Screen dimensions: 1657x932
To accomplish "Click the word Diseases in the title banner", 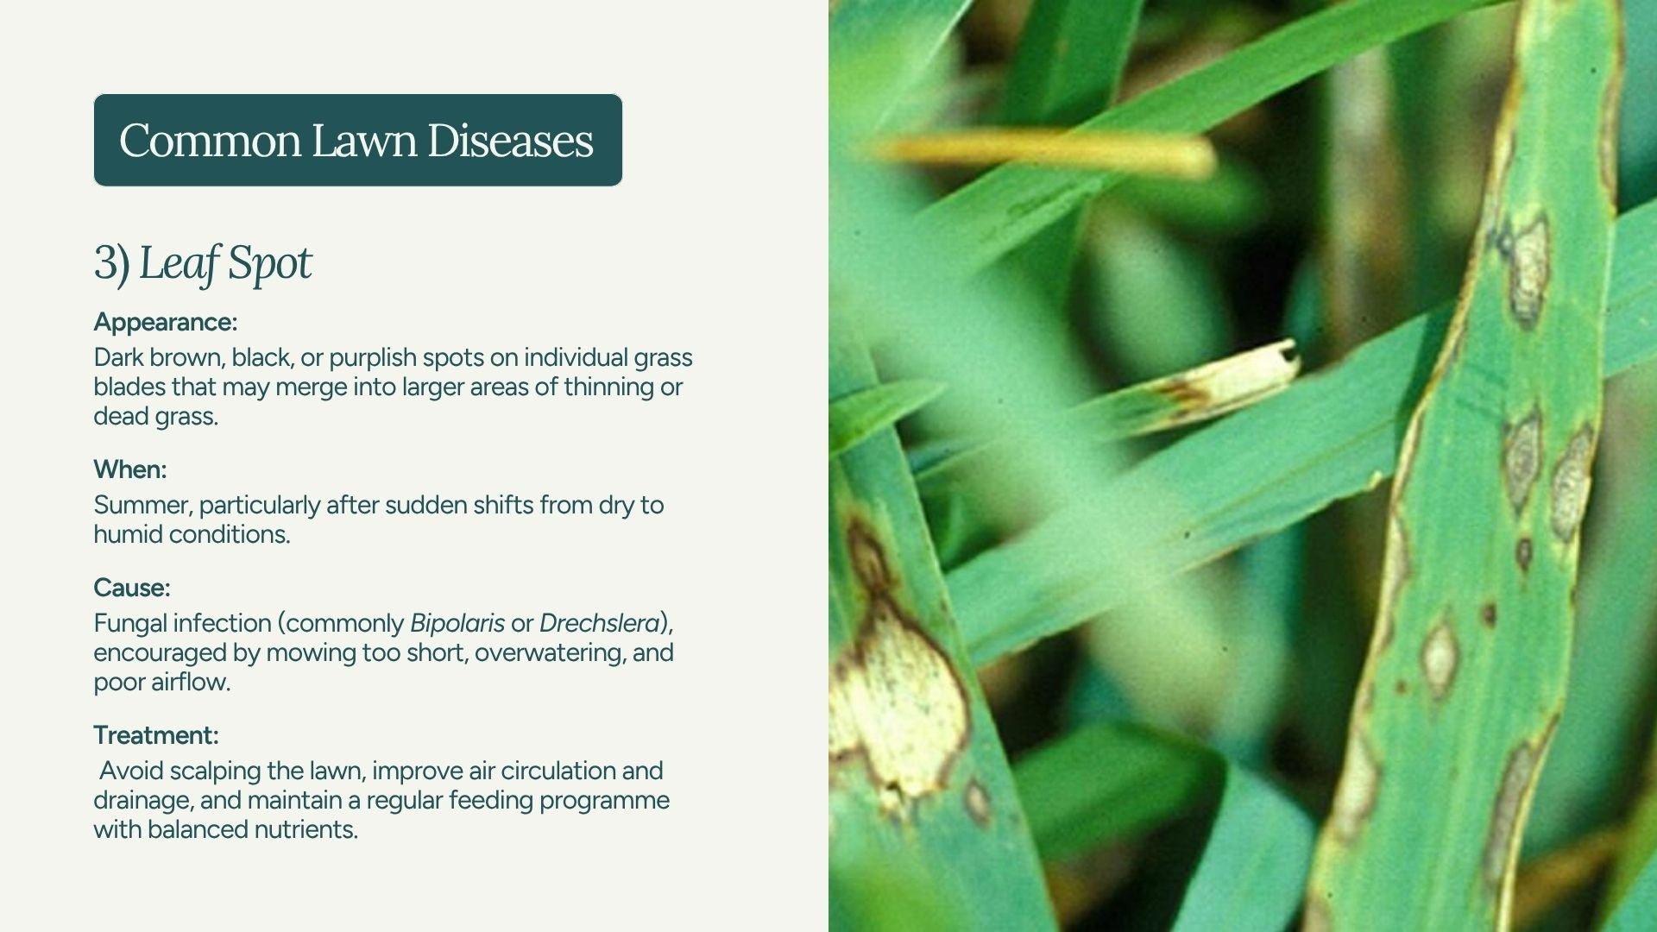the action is pos(510,141).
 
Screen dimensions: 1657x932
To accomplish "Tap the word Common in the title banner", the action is pos(211,141).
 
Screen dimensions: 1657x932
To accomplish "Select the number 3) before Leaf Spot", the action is pos(111,262).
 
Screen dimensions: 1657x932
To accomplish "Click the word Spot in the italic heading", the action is pos(269,264).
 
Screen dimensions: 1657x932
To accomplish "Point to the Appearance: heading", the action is pos(166,323).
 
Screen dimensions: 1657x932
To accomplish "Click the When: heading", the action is pos(130,469).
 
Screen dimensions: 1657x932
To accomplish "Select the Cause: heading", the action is pos(132,588).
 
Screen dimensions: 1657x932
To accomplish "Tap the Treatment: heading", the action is pos(156,735).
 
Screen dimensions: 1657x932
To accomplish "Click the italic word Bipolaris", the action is pos(457,624).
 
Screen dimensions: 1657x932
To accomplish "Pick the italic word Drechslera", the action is pos(600,623).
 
